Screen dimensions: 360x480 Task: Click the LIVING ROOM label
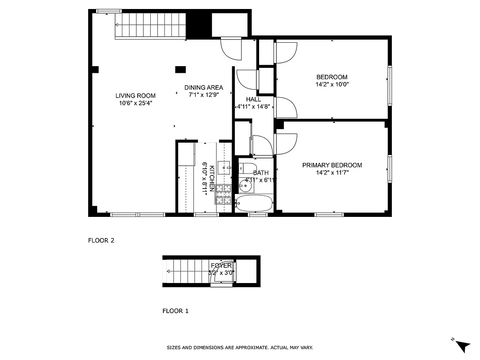coord(135,95)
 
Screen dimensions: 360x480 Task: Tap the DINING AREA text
coord(203,88)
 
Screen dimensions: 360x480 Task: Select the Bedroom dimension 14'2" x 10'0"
coord(332,84)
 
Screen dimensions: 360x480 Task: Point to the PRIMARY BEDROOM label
coord(332,165)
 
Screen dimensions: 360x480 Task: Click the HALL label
coord(253,99)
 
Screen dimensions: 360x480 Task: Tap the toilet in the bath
coord(246,168)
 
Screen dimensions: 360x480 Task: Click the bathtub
coord(255,203)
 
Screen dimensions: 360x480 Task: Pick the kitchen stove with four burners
coord(224,194)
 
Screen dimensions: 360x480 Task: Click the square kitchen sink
coord(224,168)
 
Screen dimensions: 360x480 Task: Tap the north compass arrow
coord(462,346)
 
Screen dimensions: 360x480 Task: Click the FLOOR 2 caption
coord(101,240)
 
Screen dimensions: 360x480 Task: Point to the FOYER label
coord(221,266)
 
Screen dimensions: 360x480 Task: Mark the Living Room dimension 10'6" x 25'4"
coord(135,103)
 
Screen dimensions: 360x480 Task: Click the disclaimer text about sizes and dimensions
coord(240,347)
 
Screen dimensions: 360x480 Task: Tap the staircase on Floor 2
coord(151,26)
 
